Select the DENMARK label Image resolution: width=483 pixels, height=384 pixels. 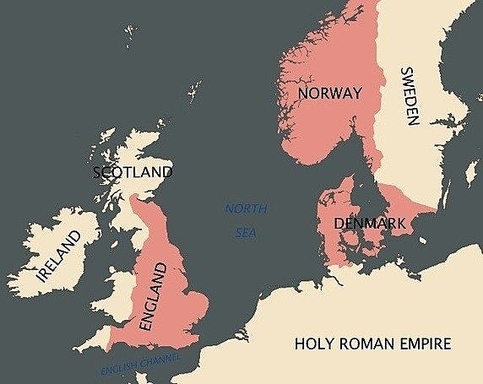371,224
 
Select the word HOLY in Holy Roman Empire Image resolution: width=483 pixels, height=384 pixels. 312,344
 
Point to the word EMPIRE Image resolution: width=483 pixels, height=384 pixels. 424,344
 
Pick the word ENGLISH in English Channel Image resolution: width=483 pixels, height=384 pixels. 118,370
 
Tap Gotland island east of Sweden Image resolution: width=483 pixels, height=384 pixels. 470,173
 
